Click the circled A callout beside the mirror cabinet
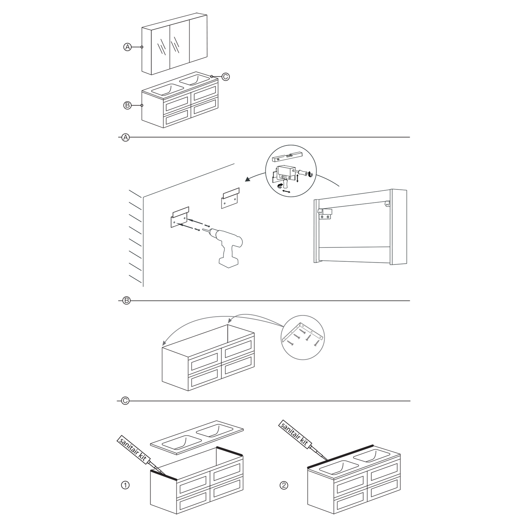coord(127,47)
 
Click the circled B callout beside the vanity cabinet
coord(127,105)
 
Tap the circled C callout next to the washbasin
coord(225,77)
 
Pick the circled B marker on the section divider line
coord(126,301)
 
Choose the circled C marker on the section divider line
coord(125,401)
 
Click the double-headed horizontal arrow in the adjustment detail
coord(286,192)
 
